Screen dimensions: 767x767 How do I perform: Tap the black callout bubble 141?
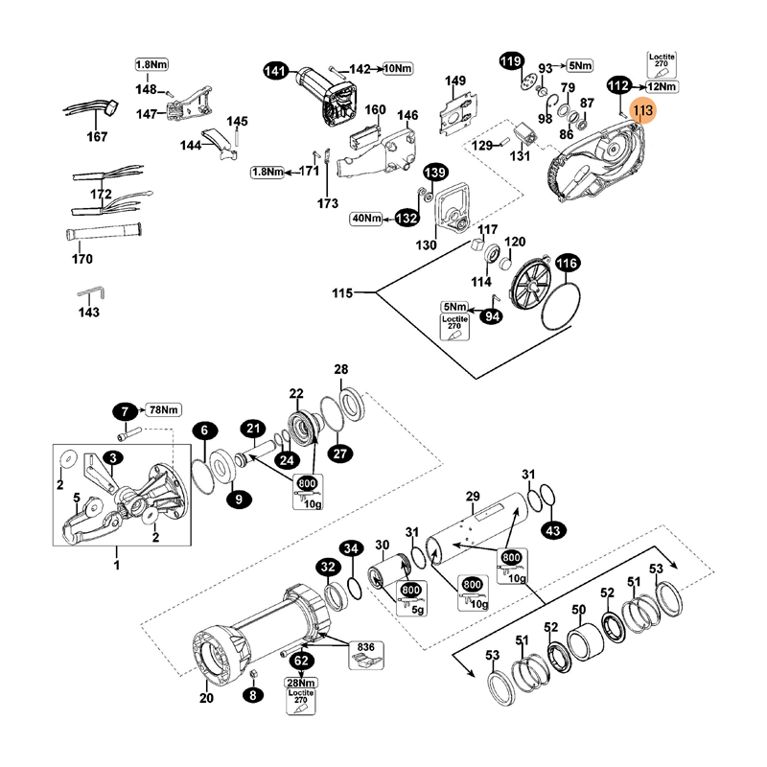(x=276, y=70)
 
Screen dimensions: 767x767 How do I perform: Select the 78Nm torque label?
(x=164, y=411)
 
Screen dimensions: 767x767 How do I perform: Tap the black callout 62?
(x=301, y=661)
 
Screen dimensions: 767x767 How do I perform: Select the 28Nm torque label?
(x=301, y=683)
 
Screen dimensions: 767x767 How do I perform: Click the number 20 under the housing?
(x=206, y=698)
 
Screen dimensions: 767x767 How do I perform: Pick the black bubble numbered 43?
(x=553, y=528)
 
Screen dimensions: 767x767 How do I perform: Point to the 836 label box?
(x=366, y=648)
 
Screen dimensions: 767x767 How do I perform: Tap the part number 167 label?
(x=98, y=137)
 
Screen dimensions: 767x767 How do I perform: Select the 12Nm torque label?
(x=662, y=86)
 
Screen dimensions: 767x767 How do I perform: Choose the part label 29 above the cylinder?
(x=472, y=496)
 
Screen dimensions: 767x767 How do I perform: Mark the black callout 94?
(x=493, y=316)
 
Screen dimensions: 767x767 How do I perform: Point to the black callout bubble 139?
(x=436, y=173)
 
